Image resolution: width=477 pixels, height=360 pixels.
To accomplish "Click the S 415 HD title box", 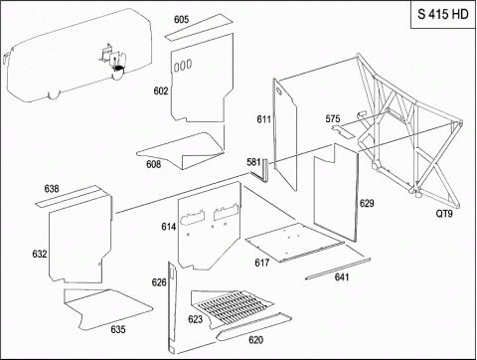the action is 443,14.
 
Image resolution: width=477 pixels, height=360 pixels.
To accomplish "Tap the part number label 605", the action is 182,20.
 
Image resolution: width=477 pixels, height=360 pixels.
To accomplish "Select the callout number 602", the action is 161,90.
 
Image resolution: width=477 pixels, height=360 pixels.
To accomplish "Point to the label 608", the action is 153,164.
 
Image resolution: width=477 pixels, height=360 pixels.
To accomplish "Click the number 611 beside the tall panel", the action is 264,119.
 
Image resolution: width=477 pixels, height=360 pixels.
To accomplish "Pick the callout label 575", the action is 333,118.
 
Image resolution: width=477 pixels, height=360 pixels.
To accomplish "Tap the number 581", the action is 253,162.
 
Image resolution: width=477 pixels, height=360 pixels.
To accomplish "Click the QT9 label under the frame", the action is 444,214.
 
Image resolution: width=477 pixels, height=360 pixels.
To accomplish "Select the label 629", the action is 367,203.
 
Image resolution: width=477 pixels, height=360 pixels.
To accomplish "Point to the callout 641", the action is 342,276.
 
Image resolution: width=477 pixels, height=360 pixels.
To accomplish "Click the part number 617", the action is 262,263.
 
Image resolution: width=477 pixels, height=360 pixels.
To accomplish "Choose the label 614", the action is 169,227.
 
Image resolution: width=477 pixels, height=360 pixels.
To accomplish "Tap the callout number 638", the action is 52,189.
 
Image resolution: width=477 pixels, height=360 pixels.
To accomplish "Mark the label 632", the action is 40,254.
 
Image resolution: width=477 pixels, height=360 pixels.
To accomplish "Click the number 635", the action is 118,329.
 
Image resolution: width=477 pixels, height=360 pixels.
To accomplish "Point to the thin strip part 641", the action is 337,269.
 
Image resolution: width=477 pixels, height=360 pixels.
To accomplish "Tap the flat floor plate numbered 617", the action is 295,242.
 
